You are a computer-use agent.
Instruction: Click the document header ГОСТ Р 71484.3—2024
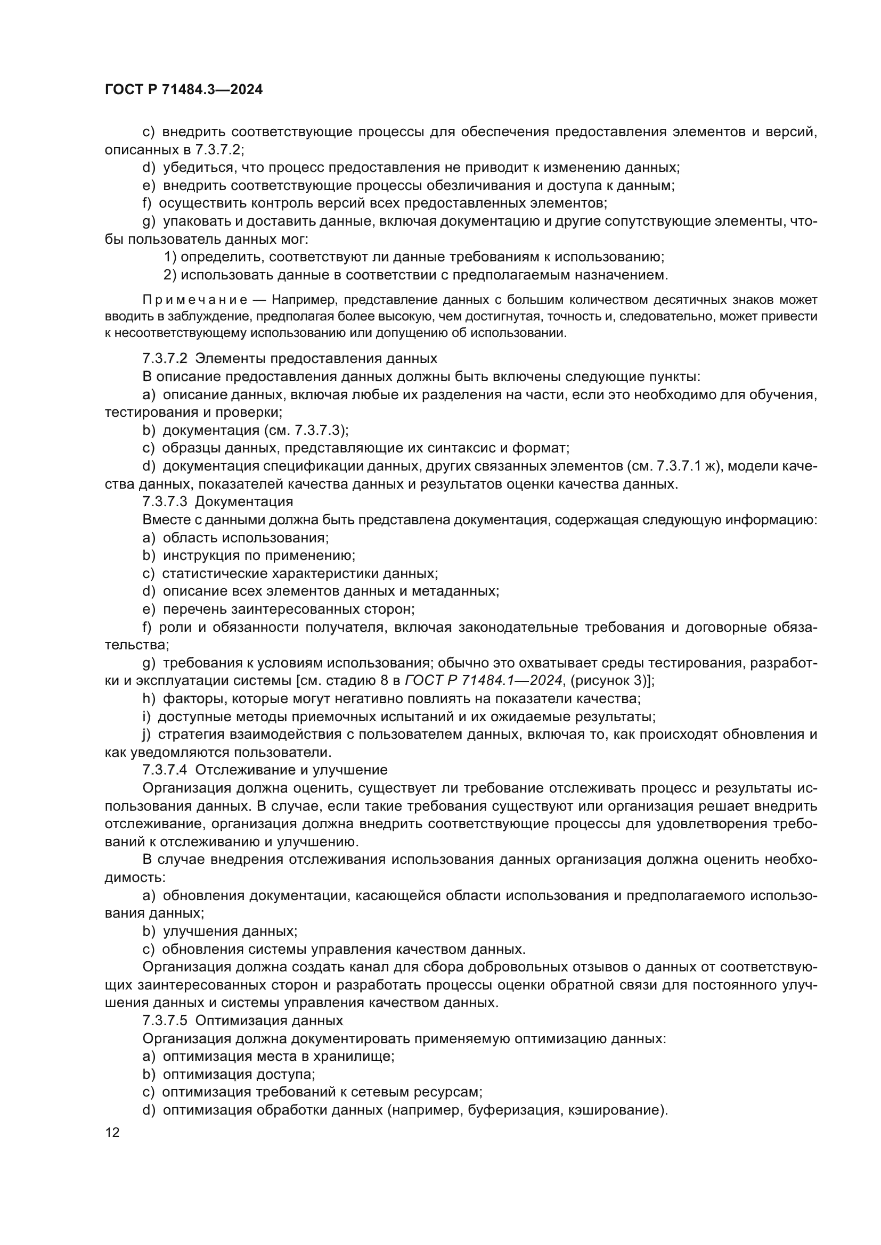(x=183, y=90)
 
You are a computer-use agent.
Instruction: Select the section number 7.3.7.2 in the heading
(x=165, y=359)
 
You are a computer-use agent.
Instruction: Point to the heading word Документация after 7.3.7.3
(x=243, y=501)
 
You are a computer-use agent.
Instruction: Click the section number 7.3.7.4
(x=165, y=770)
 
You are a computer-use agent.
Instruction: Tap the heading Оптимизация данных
(x=269, y=1020)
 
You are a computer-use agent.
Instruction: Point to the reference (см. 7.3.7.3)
(x=306, y=431)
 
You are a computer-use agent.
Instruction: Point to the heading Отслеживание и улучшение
(x=291, y=770)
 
